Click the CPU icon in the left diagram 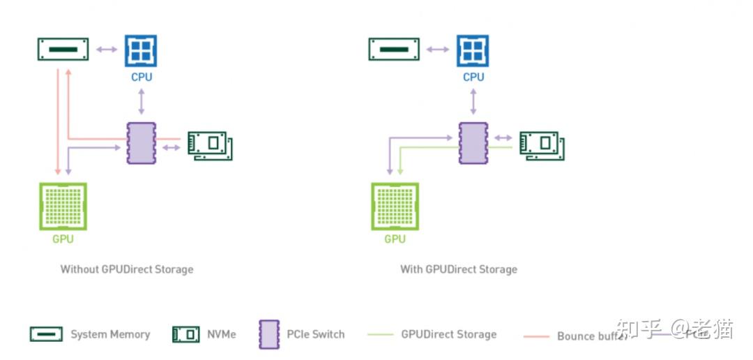pos(141,51)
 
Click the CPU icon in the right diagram pos(473,51)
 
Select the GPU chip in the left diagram pos(63,207)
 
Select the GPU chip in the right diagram pos(395,207)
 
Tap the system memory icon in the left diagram pos(63,50)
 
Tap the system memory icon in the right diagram pos(395,50)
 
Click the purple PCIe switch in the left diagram pos(142,143)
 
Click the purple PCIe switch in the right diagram pos(473,143)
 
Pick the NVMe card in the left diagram pos(210,144)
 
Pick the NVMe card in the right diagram pos(542,144)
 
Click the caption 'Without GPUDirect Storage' pos(126,269)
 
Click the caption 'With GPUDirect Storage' pos(458,269)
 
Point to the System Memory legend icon pos(46,334)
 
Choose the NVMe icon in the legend pos(185,334)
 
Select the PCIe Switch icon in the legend pos(268,334)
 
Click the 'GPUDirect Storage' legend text pos(448,334)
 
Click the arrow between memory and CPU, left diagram pos(107,50)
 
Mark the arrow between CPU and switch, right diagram pos(473,102)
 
